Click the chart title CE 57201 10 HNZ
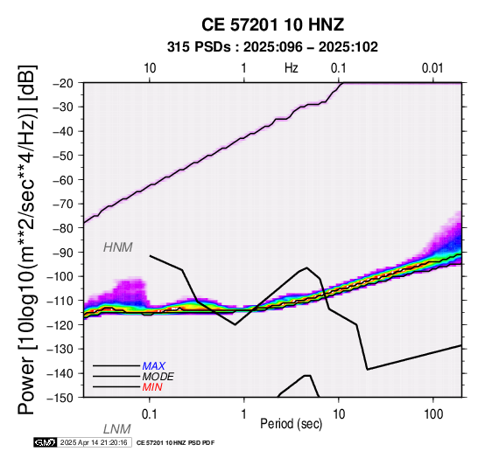pos(272,24)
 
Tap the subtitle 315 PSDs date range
pos(272,47)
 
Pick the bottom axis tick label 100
pos(433,414)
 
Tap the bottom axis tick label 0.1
pos(150,414)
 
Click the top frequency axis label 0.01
pos(432,68)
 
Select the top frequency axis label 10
pos(150,68)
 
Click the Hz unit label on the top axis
pos(292,68)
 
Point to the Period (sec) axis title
pos(291,424)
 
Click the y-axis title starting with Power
pos(26,239)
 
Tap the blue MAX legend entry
pos(154,366)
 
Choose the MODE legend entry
pos(158,377)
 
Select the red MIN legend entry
pos(152,387)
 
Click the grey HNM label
pos(118,247)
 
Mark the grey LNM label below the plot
pos(117,429)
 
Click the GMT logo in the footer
pos(46,442)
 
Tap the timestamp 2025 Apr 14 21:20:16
pos(94,442)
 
